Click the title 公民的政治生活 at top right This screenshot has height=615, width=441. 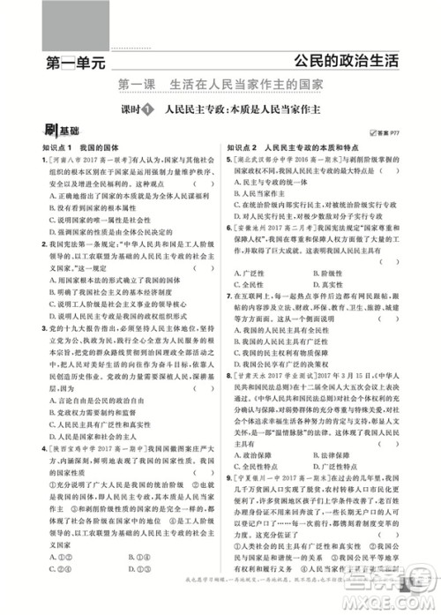tap(348, 62)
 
